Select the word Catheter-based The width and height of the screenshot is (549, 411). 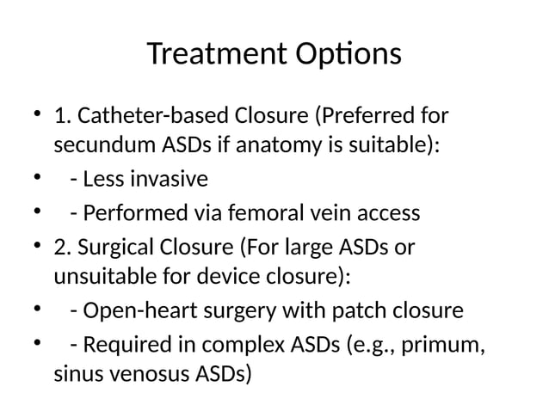point(142,115)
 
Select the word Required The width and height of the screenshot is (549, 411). point(124,344)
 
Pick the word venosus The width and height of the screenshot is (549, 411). point(152,377)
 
